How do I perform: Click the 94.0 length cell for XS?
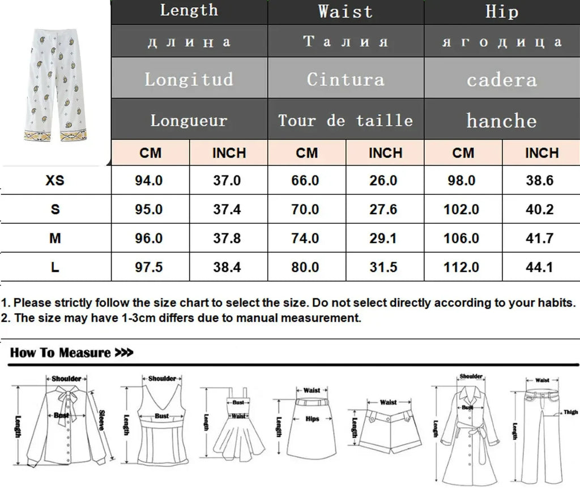pyautogui.click(x=149, y=181)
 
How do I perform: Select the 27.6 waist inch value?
pyautogui.click(x=383, y=210)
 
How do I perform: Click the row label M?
pyautogui.click(x=55, y=239)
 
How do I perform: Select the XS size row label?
pyautogui.click(x=55, y=181)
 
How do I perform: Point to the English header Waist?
pyautogui.click(x=346, y=11)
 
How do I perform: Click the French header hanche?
pyautogui.click(x=501, y=120)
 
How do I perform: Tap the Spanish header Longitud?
pyautogui.click(x=189, y=79)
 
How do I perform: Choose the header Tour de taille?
pyautogui.click(x=346, y=120)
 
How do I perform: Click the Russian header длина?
pyautogui.click(x=189, y=42)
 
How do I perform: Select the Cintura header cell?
pyautogui.click(x=346, y=79)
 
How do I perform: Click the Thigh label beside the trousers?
pyautogui.click(x=570, y=413)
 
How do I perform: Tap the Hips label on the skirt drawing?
pyautogui.click(x=312, y=419)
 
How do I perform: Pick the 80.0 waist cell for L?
pyautogui.click(x=305, y=267)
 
